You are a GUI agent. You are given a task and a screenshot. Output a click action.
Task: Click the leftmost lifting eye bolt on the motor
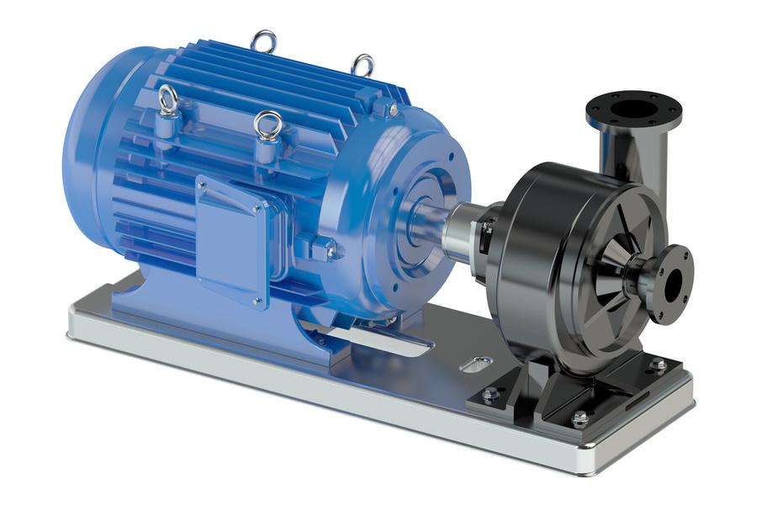point(168,99)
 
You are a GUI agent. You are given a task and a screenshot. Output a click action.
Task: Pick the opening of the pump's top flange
point(633,109)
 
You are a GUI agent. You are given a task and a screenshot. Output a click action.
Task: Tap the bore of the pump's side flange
point(673,286)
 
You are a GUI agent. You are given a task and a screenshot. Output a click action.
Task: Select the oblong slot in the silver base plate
point(477,365)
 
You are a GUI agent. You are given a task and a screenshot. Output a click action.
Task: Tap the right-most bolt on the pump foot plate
point(659,365)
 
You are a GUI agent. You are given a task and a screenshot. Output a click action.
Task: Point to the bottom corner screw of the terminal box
point(256,299)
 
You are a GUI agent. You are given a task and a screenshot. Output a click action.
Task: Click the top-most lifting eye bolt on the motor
point(264,39)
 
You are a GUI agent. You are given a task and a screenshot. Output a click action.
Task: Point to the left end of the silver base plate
point(76,324)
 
